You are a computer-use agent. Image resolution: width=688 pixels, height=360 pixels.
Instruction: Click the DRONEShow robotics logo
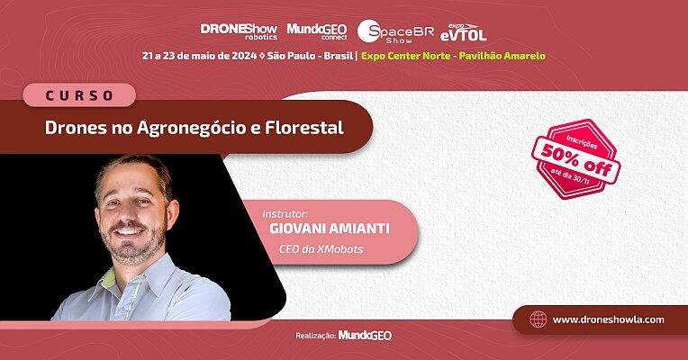coord(239,31)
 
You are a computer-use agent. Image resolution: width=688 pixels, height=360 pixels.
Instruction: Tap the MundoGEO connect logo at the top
coord(317,31)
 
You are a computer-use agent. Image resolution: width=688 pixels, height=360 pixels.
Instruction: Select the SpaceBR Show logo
coord(395,31)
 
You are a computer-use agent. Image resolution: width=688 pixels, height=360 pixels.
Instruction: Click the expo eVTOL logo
coord(464,33)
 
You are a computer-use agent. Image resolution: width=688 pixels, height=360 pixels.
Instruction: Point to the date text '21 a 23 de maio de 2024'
coord(199,56)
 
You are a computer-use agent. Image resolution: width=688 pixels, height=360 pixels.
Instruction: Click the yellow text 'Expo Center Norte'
coord(405,56)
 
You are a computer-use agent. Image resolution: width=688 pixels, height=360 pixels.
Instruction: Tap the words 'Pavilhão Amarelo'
coord(502,56)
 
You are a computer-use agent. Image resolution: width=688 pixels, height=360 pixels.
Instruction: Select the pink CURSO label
coord(79,95)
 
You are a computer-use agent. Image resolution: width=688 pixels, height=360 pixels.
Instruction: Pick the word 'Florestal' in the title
coord(304,128)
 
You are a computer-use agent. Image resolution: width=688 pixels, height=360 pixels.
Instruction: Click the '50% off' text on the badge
coord(575,159)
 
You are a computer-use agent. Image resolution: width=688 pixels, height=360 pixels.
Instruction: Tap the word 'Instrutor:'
coord(285,214)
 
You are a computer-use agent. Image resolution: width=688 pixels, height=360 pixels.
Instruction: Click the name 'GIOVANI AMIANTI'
coord(329,229)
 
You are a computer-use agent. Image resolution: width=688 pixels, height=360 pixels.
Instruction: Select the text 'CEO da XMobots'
coord(321,249)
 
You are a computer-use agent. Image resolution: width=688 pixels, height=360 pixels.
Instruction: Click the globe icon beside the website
coord(539,319)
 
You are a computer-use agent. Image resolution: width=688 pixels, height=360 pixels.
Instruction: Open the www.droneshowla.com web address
coord(608,319)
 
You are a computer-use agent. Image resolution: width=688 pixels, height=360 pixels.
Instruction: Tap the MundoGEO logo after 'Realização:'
coord(365,336)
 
